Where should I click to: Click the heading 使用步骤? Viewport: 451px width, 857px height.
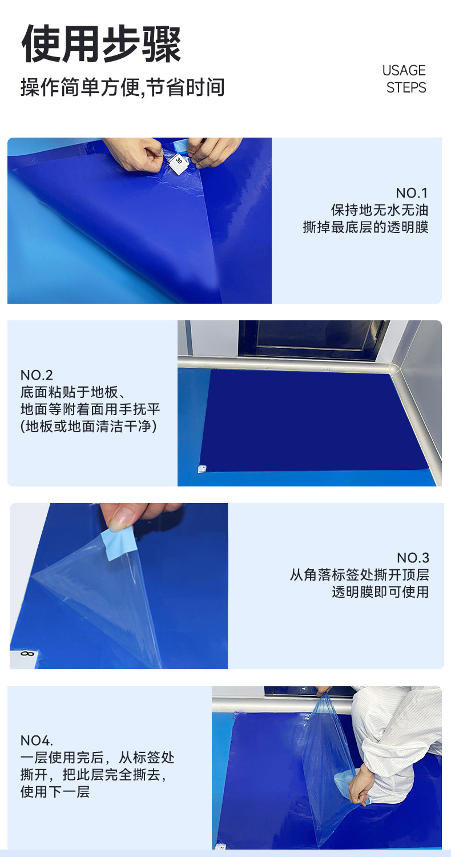(x=102, y=44)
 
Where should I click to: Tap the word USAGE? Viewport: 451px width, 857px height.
(x=404, y=70)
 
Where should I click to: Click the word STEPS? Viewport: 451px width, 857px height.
(x=406, y=88)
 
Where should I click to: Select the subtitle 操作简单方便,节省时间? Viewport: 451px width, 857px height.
(x=123, y=87)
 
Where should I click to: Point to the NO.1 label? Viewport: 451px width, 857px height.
(x=412, y=193)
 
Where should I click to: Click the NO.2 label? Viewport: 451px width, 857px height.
(x=37, y=375)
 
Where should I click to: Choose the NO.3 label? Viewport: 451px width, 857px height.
(x=413, y=558)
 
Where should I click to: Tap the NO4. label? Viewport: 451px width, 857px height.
(x=37, y=741)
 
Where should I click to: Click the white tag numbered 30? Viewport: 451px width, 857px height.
(x=178, y=164)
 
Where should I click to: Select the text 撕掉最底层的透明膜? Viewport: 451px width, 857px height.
(x=365, y=227)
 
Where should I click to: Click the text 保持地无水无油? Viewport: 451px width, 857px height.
(x=380, y=210)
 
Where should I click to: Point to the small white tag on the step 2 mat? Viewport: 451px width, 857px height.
(x=202, y=469)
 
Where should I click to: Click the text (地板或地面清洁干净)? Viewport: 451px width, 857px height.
(x=88, y=427)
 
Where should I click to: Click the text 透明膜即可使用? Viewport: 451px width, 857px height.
(x=380, y=592)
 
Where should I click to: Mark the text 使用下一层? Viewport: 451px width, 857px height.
(x=55, y=792)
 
